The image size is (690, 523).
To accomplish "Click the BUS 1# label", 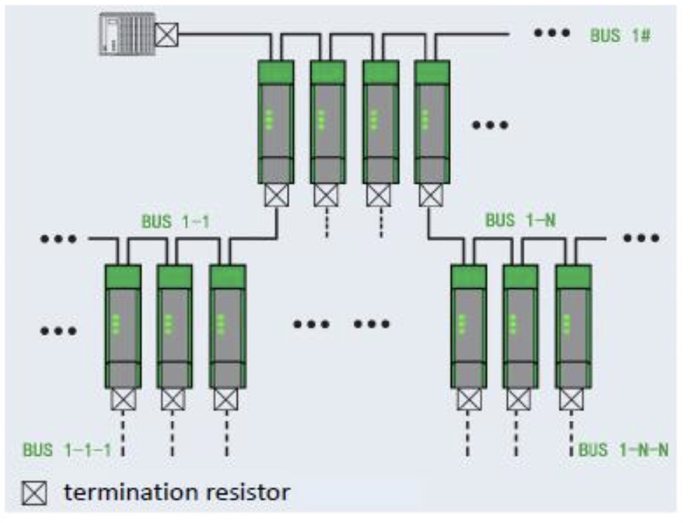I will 620,36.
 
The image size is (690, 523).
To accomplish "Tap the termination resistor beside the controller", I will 166,34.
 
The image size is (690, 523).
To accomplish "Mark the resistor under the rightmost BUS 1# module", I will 431,194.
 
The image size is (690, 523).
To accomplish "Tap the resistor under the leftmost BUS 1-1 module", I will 123,400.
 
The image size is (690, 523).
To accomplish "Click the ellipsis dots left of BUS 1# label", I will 550,34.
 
